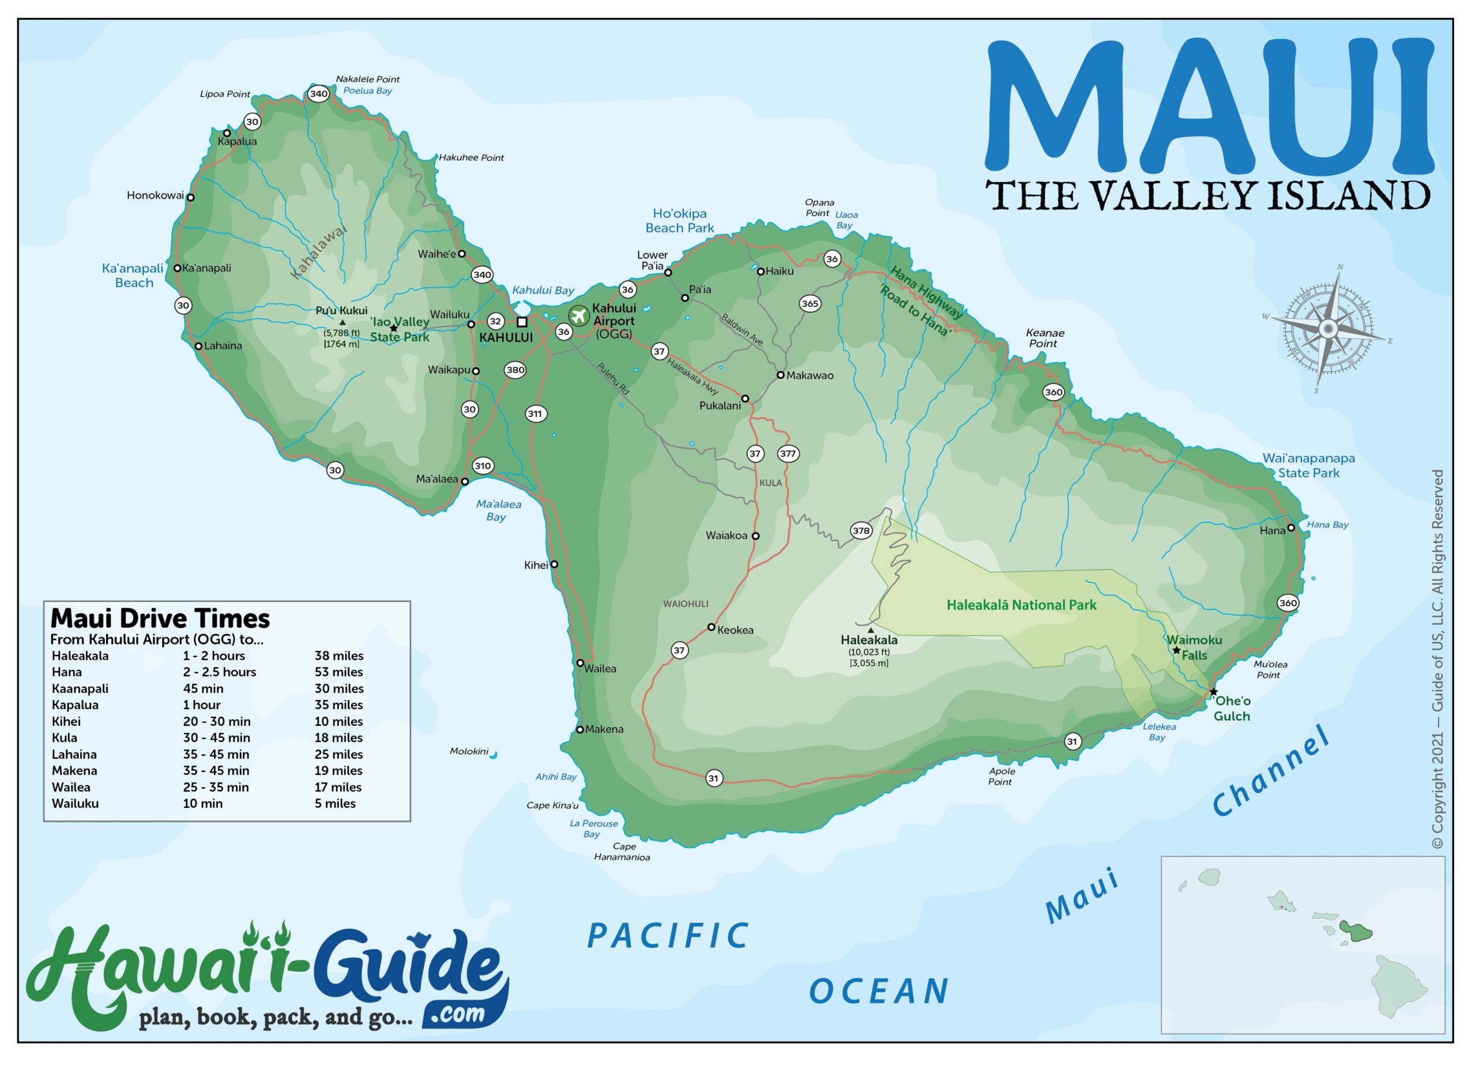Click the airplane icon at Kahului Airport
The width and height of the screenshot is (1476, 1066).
pos(578,317)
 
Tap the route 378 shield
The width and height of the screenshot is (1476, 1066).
pos(861,530)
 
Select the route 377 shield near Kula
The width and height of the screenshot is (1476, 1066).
pos(788,454)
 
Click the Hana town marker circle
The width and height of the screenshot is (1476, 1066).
pos(1291,528)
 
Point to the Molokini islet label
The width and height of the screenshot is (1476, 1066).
pos(469,751)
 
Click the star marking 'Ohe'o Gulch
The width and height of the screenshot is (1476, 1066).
pos(1213,692)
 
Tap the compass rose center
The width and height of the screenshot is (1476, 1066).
pos(1328,329)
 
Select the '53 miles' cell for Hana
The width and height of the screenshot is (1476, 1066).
pos(338,672)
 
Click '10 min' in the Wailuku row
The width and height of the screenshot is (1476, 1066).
pos(202,803)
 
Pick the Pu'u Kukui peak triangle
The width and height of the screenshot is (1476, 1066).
pos(342,322)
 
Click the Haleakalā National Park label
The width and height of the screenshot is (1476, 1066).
pos(1021,605)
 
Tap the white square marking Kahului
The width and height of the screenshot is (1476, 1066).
pos(522,322)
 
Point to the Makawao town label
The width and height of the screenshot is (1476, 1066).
pos(809,375)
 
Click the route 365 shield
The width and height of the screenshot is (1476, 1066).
pos(809,303)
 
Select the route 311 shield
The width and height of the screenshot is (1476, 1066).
pos(535,414)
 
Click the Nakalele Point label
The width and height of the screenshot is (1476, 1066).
pos(368,80)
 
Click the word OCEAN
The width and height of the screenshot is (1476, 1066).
pos(879,992)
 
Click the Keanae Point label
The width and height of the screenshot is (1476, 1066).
pos(1045,338)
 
